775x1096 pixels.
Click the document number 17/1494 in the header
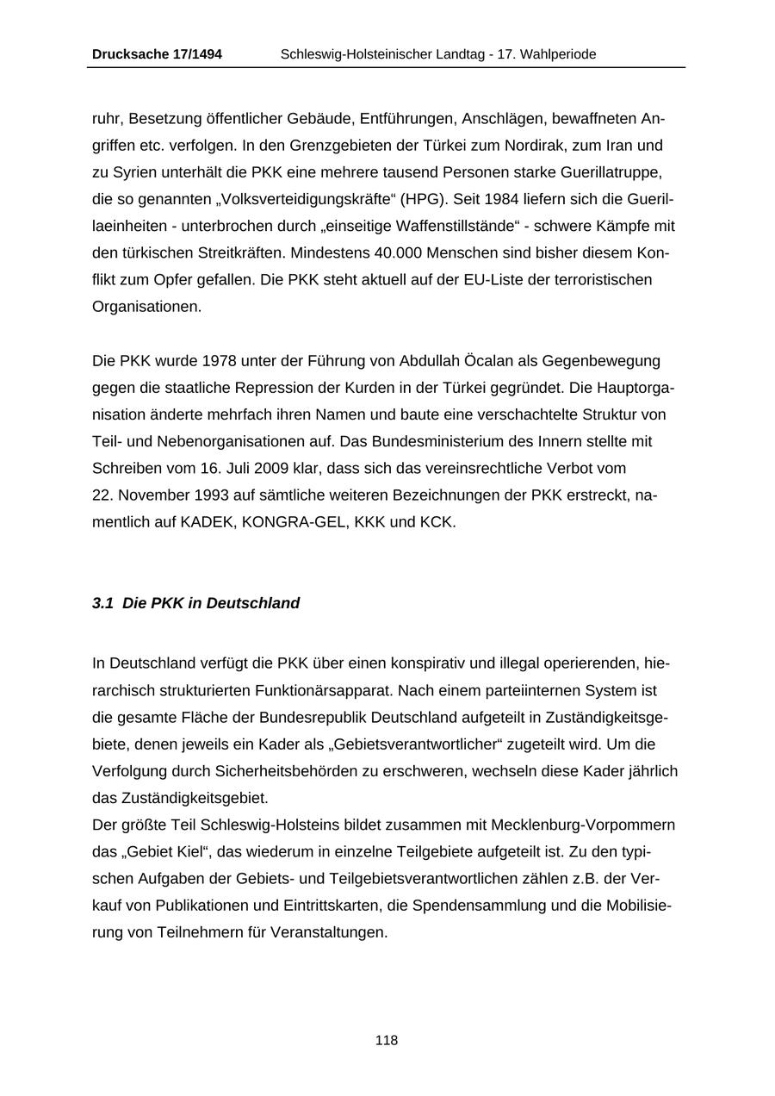coord(194,54)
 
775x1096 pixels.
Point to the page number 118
coord(387,1040)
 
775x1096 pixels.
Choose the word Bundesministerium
coord(433,441)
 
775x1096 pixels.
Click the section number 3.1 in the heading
coord(102,603)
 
